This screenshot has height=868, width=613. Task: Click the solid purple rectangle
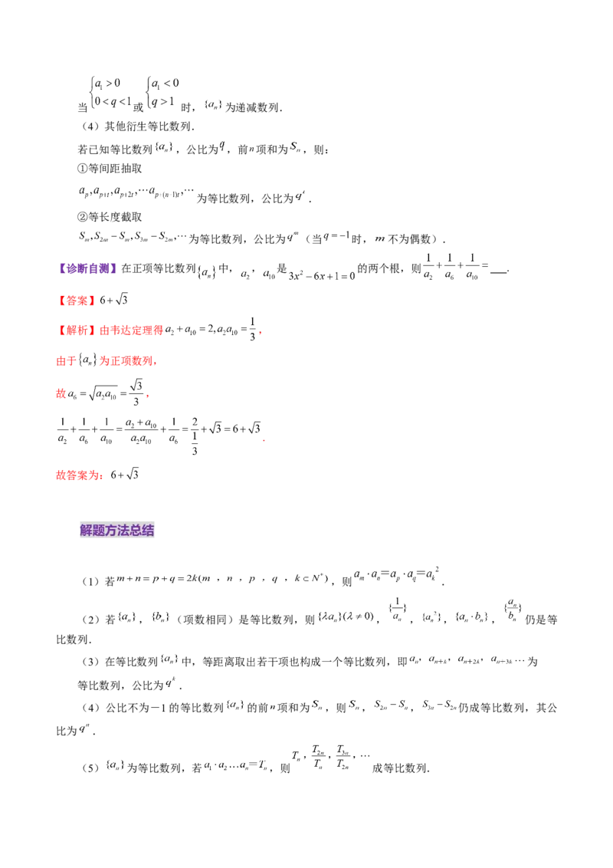(x=87, y=268)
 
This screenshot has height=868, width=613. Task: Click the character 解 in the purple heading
(x=86, y=531)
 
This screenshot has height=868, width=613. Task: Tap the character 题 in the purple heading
(x=98, y=531)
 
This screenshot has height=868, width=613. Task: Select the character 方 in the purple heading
(x=110, y=531)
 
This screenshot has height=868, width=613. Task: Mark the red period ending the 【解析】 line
(x=261, y=334)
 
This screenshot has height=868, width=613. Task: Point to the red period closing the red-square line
(x=147, y=396)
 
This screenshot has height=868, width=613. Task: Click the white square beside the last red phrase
(x=119, y=481)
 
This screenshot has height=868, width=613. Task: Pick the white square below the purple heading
(x=358, y=623)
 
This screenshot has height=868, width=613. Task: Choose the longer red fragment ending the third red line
(x=129, y=360)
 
